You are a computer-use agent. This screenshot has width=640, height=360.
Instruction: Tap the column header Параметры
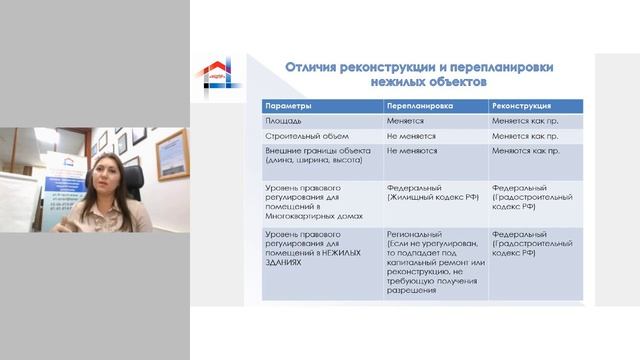(290, 105)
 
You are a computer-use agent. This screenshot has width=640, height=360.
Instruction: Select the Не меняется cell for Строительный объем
(411, 134)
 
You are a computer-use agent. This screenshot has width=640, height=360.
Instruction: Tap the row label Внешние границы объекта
(307, 149)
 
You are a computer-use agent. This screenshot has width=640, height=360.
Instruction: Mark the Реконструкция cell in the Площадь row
(524, 119)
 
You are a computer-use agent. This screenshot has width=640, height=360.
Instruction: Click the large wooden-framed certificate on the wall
(171, 155)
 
